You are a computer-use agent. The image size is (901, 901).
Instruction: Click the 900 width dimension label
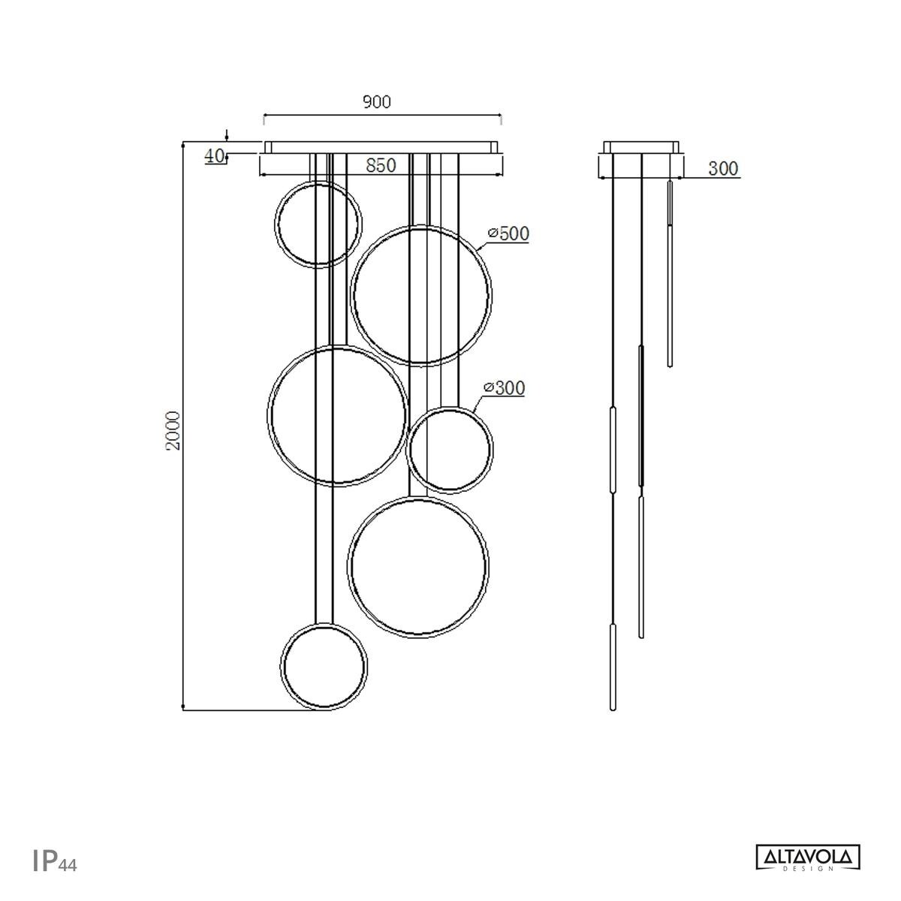[x=377, y=102]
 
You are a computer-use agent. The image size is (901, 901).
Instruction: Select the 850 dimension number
[x=381, y=166]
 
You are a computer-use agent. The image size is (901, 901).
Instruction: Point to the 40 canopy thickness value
[x=215, y=156]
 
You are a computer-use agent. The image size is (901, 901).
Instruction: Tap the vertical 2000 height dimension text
[x=173, y=430]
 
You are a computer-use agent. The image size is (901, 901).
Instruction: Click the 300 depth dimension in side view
[x=723, y=169]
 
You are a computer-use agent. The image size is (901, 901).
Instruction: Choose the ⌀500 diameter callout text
[x=508, y=234]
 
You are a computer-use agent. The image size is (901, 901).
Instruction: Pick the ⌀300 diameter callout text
[x=505, y=388]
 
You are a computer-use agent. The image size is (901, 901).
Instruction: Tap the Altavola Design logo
[x=807, y=857]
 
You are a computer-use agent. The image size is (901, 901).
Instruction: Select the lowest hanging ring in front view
[x=325, y=666]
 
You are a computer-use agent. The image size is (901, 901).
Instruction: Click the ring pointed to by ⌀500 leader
[x=421, y=294]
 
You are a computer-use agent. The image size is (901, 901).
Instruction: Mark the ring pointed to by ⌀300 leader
[x=449, y=449]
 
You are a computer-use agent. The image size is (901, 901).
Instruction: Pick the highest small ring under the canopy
[x=318, y=222]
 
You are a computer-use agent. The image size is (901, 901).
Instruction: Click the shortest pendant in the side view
[x=669, y=274]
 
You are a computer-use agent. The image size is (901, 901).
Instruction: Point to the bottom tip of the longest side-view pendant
[x=613, y=708]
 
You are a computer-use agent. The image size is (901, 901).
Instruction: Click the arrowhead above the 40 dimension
[x=228, y=139]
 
